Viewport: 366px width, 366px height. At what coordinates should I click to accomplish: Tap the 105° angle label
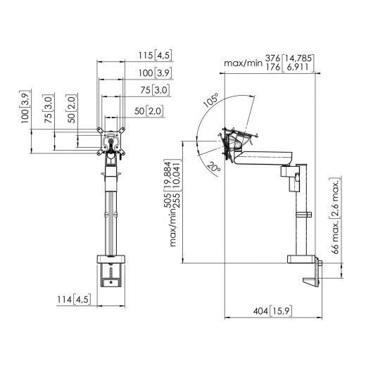tap(210, 101)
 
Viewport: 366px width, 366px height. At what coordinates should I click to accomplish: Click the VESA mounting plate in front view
tap(111, 139)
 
